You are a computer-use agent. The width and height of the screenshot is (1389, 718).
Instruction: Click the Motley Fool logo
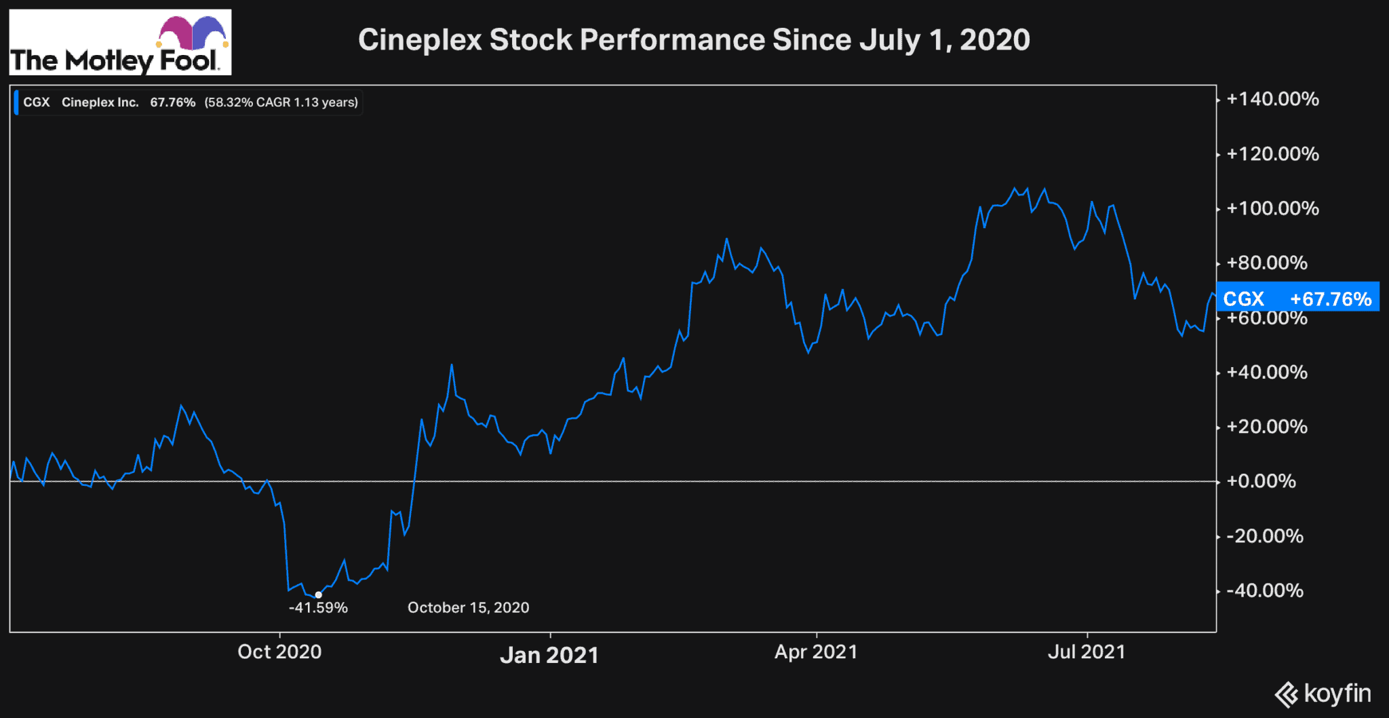click(120, 42)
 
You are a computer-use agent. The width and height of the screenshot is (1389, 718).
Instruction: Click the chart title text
click(694, 40)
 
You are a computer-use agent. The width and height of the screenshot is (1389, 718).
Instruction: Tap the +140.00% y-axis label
click(1272, 100)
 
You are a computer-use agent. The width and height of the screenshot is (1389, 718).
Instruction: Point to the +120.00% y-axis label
click(1272, 154)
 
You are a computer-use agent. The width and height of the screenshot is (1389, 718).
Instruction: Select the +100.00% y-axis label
click(1272, 208)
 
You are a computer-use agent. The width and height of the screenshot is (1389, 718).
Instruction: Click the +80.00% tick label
click(1267, 263)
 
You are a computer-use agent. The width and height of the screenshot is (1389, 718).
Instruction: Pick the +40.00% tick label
click(1267, 373)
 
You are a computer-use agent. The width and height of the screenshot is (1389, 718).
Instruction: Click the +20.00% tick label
click(1267, 427)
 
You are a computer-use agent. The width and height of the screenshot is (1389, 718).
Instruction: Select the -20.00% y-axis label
click(1266, 536)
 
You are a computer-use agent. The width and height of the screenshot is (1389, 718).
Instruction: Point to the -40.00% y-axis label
click(1266, 590)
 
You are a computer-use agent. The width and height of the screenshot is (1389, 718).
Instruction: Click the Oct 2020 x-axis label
click(279, 652)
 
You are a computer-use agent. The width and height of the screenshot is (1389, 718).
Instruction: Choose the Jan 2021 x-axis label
click(549, 656)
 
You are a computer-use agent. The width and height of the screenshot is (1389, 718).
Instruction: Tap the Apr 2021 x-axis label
click(816, 652)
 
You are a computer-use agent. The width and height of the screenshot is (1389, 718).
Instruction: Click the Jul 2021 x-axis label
click(1087, 652)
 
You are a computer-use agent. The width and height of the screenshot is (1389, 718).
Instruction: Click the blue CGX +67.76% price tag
click(1297, 298)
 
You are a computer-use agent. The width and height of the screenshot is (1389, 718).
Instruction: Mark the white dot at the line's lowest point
click(318, 595)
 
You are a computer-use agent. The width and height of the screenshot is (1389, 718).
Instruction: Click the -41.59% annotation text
click(318, 608)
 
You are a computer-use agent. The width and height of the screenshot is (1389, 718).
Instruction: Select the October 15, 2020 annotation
click(468, 608)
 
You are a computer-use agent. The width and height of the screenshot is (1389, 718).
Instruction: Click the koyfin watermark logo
click(1323, 694)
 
